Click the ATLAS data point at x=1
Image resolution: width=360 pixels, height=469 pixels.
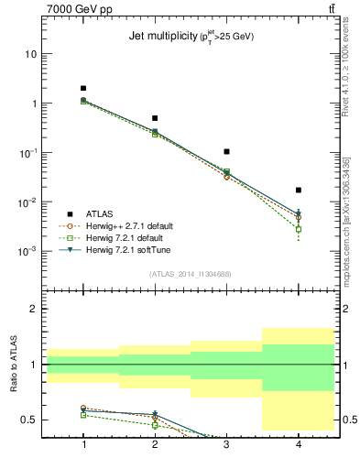[x=83, y=89]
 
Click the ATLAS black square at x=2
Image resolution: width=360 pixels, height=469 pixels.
[x=155, y=118]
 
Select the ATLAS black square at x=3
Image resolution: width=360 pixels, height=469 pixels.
[x=226, y=151]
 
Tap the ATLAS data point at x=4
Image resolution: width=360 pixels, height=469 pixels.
[x=299, y=190]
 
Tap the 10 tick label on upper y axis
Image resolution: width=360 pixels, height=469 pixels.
[x=30, y=54]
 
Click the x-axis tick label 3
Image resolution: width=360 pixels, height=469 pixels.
[x=226, y=444]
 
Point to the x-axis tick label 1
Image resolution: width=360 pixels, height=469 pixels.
[x=83, y=444]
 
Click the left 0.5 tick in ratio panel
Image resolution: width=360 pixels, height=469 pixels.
[x=29, y=420]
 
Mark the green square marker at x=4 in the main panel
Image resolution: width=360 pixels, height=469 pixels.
[x=299, y=229]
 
